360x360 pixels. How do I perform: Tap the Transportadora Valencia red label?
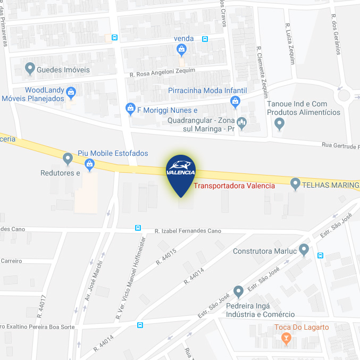tap(234, 186)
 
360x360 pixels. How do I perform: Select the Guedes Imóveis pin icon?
tap(30, 69)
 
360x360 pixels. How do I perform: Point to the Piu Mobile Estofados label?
tap(113, 153)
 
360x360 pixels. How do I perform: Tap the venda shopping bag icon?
tap(182, 49)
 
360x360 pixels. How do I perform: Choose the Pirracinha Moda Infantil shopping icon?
tap(236, 101)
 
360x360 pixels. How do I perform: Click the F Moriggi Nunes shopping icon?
tap(130, 108)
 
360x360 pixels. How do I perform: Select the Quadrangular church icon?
tap(242, 123)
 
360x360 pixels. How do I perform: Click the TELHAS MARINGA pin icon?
tap(296, 185)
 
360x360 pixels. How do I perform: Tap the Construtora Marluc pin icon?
tap(304, 249)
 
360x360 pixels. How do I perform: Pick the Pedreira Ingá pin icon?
tap(239, 291)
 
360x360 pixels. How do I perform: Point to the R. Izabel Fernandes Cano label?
tap(188, 231)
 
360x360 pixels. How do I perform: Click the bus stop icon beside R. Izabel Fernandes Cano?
tap(138, 228)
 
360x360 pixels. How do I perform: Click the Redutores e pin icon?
tap(68, 158)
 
